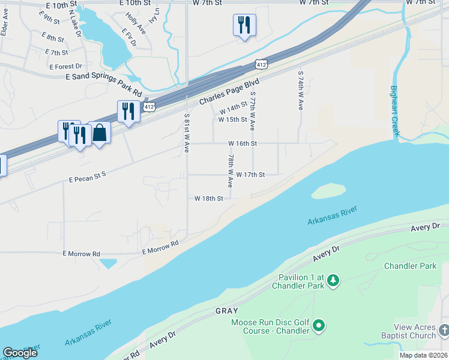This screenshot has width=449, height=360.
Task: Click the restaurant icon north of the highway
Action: pos(244,25)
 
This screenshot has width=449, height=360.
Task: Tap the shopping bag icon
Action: pos(100,133)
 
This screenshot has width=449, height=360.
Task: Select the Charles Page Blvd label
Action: pos(229,91)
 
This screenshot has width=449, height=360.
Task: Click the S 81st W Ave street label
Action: pos(187,133)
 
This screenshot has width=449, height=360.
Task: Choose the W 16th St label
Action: pos(243,143)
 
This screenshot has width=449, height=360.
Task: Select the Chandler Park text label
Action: pos(411,266)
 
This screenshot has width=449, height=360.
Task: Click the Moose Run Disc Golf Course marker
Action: pos(319,326)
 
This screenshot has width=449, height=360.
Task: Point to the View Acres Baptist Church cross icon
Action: pos(444,331)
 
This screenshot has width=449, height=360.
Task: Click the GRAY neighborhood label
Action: pos(227,311)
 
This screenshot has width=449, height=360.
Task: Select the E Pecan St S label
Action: pos(87,177)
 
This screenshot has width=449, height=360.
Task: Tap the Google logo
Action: pos(20,352)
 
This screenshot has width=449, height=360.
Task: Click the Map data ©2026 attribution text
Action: pos(423,355)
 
